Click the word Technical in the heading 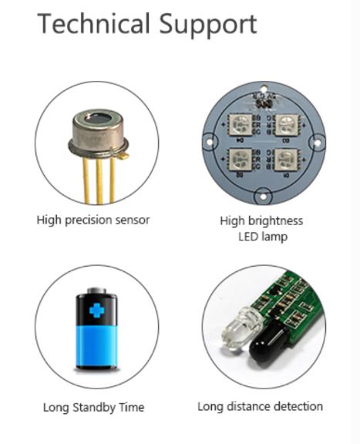(93, 24)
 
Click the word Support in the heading (208, 25)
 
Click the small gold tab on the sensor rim (123, 156)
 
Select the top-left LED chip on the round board (241, 124)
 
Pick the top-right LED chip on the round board (287, 125)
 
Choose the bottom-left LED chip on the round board (241, 160)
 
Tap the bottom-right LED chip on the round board (286, 160)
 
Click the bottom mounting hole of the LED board (263, 197)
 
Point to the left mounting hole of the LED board (210, 141)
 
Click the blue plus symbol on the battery (96, 311)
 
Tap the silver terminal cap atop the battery (96, 291)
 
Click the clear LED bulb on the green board (241, 329)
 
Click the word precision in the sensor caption (89, 220)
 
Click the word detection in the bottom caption (298, 407)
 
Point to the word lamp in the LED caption (275, 237)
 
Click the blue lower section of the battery (96, 346)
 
